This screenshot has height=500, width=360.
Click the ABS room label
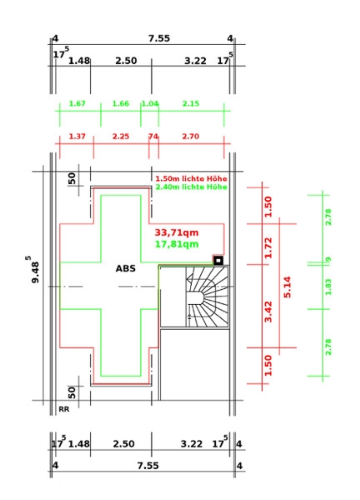(125, 268)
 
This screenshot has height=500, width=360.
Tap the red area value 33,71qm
(177, 232)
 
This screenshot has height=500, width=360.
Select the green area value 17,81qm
(177, 244)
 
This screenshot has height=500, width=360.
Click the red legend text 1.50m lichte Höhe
(191, 178)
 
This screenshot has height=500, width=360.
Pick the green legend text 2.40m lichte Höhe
(191, 187)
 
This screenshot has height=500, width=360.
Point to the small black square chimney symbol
(218, 261)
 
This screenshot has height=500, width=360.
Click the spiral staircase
(207, 297)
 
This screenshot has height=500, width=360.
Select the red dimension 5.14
(287, 287)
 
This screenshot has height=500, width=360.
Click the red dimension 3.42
(268, 312)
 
